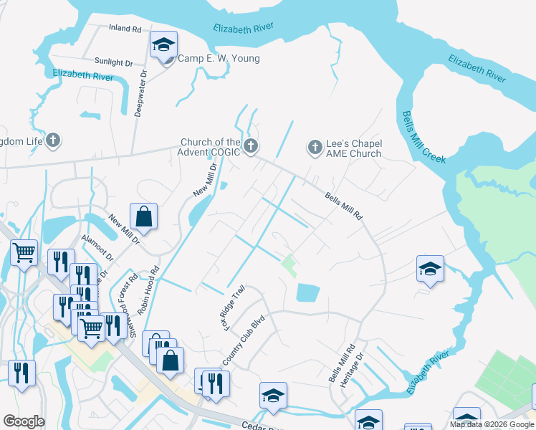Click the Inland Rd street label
pos(125,29)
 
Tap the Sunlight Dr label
pos(114,63)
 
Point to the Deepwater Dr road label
pos(141,93)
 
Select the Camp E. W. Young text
pos(219,59)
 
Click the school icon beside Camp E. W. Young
pos(163,47)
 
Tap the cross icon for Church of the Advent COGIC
pos(250,147)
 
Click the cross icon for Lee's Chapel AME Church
pos(315,147)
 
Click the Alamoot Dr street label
pos(98,246)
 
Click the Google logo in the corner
pos(24,421)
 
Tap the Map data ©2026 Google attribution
pos(491,424)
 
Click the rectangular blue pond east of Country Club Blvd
pos(307,292)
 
